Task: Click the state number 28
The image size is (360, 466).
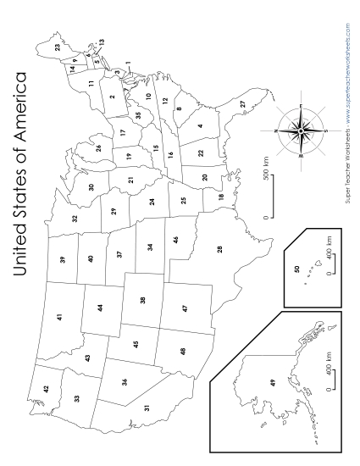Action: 220,248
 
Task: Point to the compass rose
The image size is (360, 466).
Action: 301,132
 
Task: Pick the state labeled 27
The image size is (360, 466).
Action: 242,103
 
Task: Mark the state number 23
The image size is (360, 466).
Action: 58,48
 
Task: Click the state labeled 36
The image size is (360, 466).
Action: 125,381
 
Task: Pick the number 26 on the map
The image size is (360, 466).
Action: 99,148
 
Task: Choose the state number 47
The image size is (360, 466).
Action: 184,310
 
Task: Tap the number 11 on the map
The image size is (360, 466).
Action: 90,82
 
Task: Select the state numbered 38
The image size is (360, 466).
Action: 142,301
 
